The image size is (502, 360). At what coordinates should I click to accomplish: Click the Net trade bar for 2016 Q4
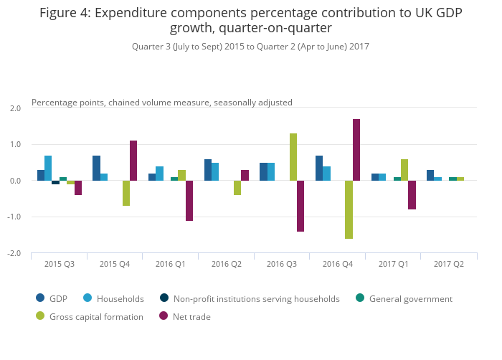tap(356, 150)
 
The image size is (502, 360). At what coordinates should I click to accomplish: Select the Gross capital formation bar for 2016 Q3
tap(293, 157)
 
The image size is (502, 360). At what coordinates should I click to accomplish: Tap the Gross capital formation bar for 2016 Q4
tap(349, 209)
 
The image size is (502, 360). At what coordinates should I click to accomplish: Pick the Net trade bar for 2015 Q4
tap(133, 161)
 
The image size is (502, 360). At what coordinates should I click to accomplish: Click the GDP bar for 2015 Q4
tap(96, 168)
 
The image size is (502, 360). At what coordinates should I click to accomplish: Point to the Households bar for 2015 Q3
tap(48, 168)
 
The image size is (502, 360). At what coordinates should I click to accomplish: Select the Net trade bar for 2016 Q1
tap(189, 201)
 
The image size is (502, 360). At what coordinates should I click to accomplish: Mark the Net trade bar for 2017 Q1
tap(412, 195)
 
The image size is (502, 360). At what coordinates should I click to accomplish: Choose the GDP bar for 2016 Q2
tap(208, 170)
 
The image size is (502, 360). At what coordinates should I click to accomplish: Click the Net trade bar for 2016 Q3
tap(300, 206)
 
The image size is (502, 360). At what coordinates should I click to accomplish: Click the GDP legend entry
tap(57, 299)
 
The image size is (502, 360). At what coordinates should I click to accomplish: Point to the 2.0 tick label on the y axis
tap(15, 108)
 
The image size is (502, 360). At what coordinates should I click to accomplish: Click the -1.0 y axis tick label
tap(14, 217)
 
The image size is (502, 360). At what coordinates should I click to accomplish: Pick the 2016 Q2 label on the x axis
tap(226, 265)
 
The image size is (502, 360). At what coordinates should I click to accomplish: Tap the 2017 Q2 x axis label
tap(448, 265)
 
